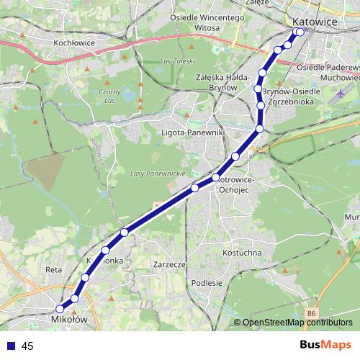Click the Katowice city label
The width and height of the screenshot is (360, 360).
(317, 22)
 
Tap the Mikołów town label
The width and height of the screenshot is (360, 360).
(69, 317)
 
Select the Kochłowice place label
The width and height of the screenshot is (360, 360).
(75, 42)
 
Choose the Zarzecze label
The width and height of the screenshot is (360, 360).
(170, 264)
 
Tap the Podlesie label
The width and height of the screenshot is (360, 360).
(207, 283)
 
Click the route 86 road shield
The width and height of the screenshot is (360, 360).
(310, 314)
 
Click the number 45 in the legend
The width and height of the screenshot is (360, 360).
(27, 346)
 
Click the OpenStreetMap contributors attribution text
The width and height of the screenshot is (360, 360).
(297, 323)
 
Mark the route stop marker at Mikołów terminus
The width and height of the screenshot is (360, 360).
(60, 309)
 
